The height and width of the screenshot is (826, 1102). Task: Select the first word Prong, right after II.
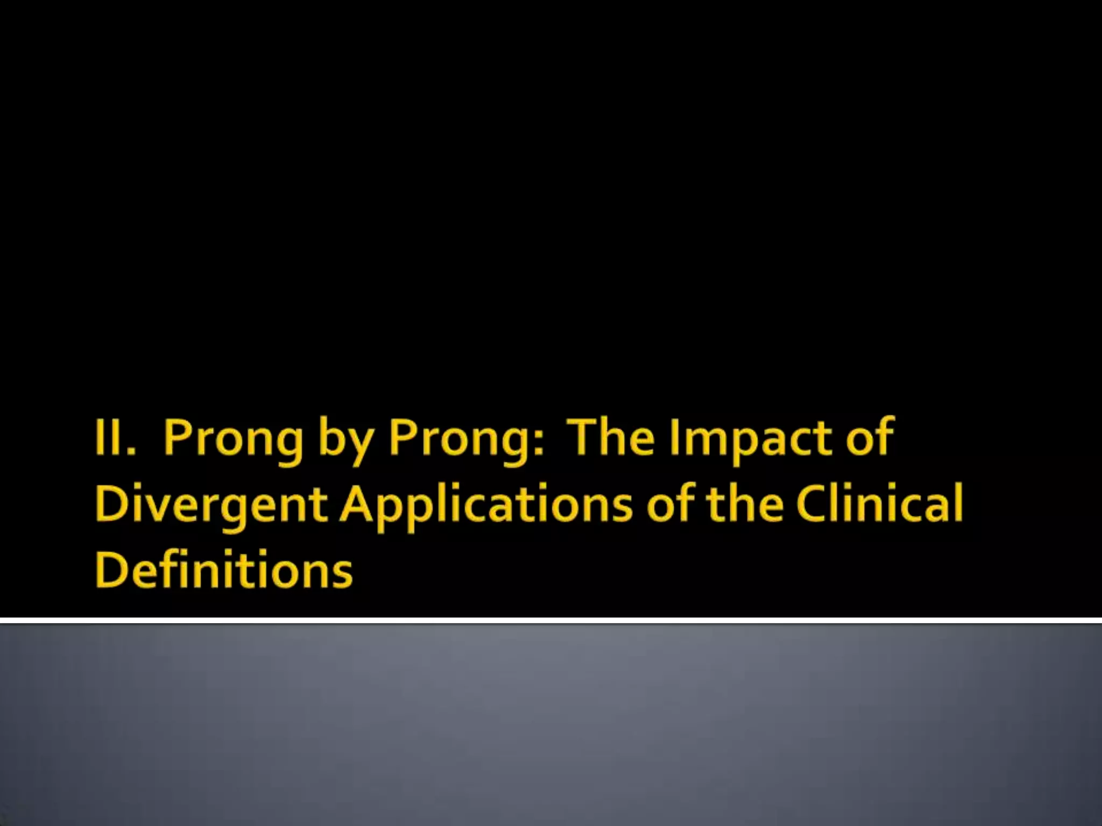(x=233, y=440)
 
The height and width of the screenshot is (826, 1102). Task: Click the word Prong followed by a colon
(x=457, y=440)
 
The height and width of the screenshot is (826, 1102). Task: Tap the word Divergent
(x=211, y=505)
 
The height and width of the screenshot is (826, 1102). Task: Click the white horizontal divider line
(x=551, y=621)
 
